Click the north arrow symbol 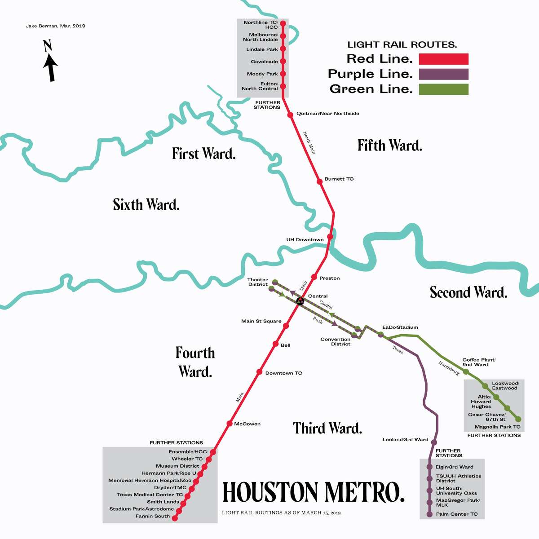(50, 62)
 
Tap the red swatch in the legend (443, 59)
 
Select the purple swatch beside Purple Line (443, 74)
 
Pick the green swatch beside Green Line (443, 89)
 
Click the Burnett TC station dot (320, 181)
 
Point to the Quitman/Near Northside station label (327, 114)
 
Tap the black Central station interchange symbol (300, 301)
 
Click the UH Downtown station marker (330, 237)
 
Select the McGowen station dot (230, 424)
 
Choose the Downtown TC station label (283, 373)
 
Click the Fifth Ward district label (389, 146)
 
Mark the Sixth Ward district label (146, 205)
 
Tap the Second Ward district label (468, 292)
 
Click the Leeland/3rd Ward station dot (434, 442)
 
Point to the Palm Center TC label (456, 514)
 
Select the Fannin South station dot (175, 518)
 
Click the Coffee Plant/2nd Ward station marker (466, 372)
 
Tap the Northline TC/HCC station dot (283, 24)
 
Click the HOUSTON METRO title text (313, 492)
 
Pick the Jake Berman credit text (55, 26)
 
